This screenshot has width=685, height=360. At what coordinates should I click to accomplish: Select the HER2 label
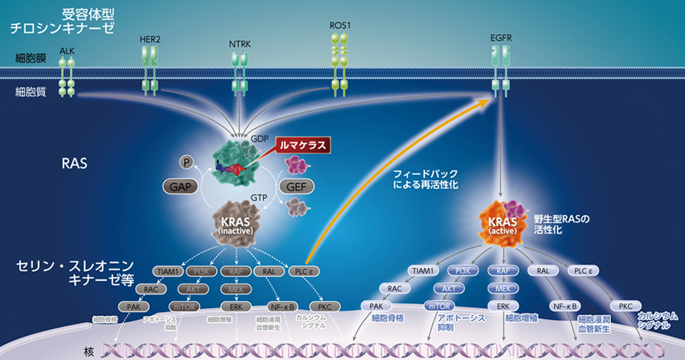(x=150, y=38)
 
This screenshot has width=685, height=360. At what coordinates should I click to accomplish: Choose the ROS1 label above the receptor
(x=340, y=25)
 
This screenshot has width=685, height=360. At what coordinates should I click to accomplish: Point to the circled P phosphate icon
(x=186, y=161)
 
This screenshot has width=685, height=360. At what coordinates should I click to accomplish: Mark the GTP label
(x=258, y=198)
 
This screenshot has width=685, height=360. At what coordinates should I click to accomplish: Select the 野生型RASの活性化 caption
(x=562, y=224)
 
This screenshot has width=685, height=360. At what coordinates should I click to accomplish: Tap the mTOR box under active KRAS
(x=439, y=305)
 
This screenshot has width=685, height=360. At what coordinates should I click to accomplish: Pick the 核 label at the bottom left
(x=89, y=352)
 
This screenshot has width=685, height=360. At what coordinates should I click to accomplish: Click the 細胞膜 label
(x=30, y=58)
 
